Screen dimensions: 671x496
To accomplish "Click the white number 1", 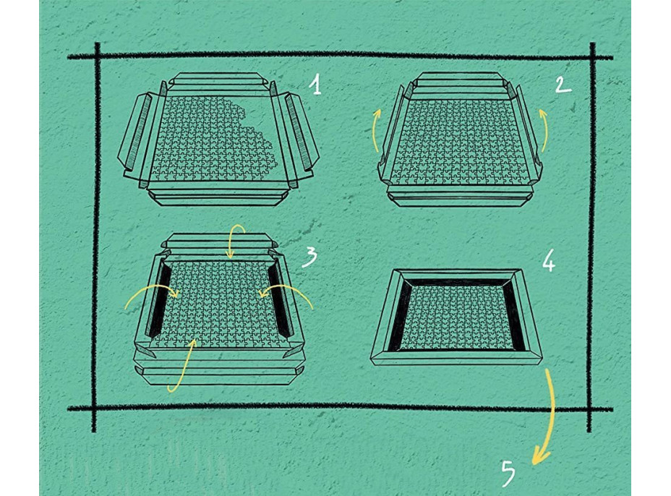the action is tap(316, 85).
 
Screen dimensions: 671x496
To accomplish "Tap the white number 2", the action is tap(563, 85).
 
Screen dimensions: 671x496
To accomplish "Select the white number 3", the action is tap(309, 257).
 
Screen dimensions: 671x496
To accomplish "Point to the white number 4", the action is tap(549, 260).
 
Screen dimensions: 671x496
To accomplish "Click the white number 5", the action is tap(508, 474).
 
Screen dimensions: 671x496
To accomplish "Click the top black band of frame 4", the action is tap(456, 283).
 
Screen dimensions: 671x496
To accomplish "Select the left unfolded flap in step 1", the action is tap(136, 131).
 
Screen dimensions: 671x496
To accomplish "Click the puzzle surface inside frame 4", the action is tap(456, 317).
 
